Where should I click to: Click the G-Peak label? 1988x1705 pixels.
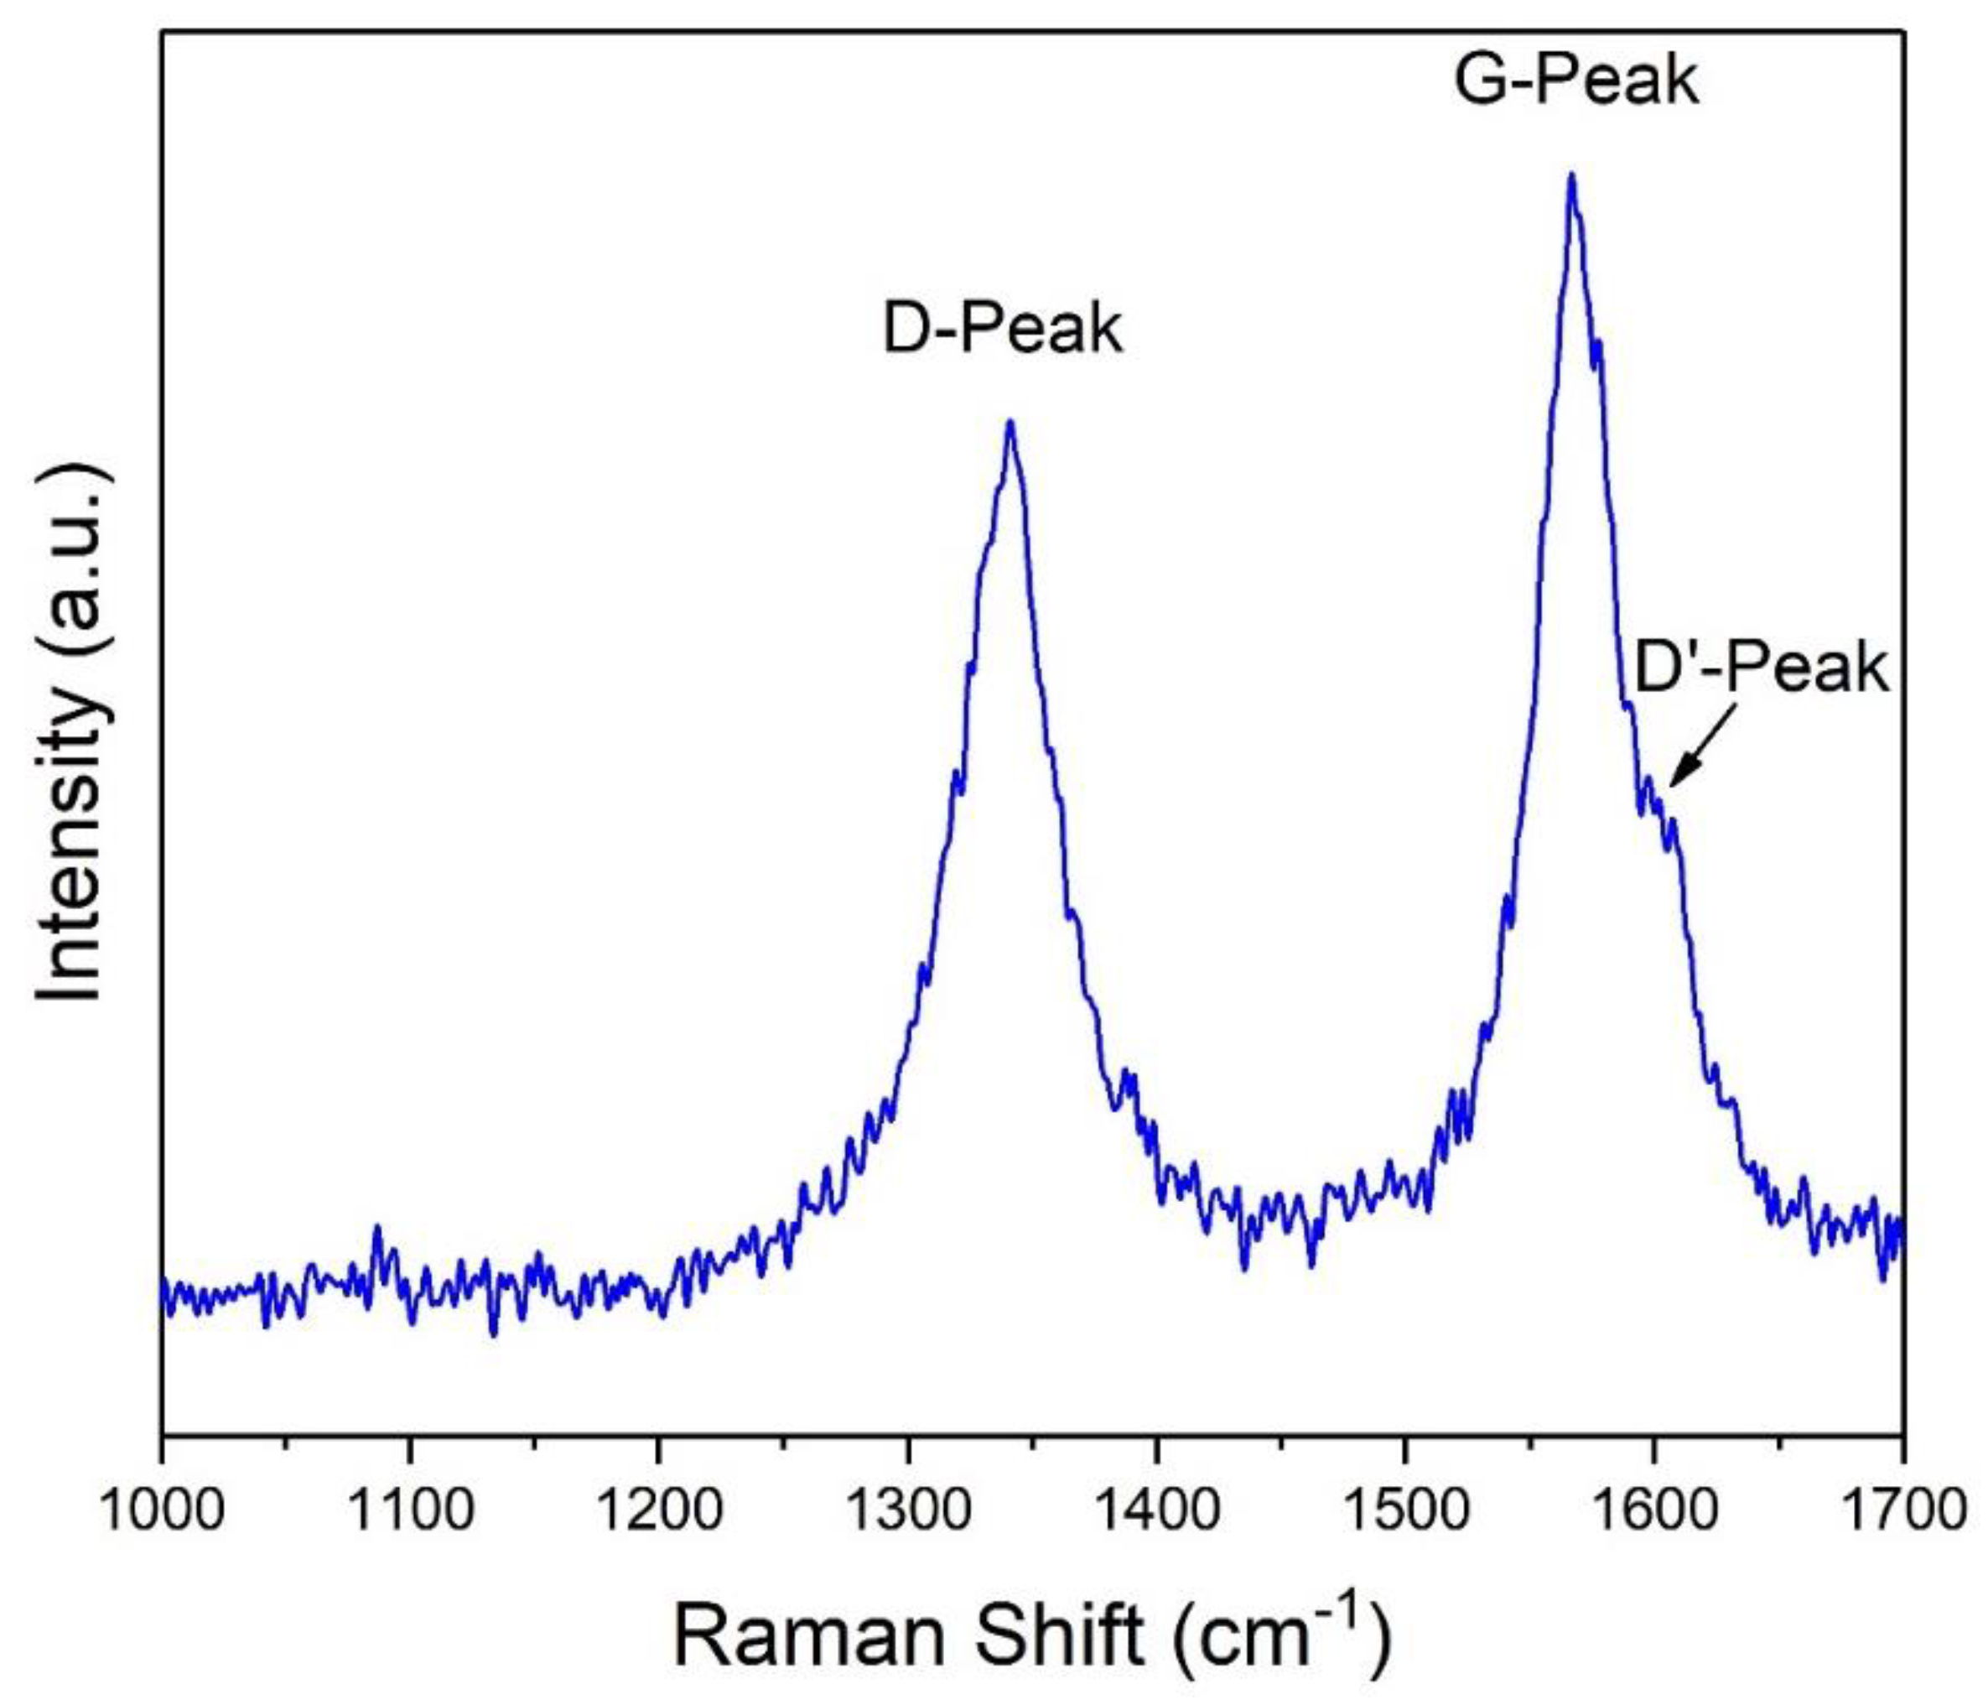1575,81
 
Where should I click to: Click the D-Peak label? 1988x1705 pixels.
1003,329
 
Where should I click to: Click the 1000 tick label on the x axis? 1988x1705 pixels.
162,1510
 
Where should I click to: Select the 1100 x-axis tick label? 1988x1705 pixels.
410,1510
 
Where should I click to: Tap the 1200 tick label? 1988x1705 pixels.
658,1510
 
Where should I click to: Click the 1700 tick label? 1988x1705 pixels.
1900,1510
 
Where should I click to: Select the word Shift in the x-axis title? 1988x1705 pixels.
1060,1636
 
